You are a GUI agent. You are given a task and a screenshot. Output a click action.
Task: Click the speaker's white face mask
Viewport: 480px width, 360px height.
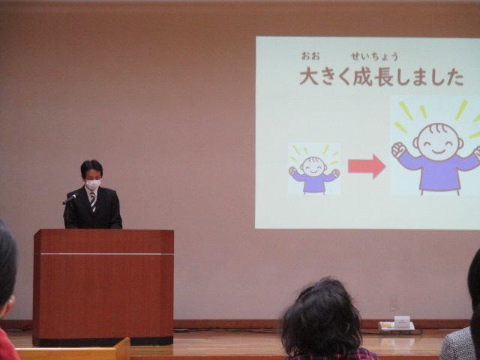tap(93, 184)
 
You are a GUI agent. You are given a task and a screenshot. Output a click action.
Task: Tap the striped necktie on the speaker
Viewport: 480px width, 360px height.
tap(93, 202)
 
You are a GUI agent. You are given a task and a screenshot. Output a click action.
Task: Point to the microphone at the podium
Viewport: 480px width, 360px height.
tap(70, 199)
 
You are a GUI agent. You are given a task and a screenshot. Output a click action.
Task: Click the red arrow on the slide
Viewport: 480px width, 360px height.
tap(367, 166)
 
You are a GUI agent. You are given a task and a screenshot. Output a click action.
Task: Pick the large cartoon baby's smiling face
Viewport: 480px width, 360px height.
tap(438, 142)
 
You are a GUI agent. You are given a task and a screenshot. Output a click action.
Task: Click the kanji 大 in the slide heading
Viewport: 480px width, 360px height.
tap(309, 76)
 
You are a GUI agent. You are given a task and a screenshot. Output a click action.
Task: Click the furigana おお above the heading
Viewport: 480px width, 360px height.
tap(310, 55)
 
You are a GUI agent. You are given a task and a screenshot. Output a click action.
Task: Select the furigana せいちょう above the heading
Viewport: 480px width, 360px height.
tap(374, 56)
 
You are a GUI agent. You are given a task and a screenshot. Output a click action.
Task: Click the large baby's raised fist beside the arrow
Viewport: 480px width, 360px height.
tap(398, 150)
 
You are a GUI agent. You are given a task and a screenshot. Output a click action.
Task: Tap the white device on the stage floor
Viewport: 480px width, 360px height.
tap(397, 325)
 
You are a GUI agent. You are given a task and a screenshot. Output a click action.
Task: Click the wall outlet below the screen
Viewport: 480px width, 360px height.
tap(394, 303)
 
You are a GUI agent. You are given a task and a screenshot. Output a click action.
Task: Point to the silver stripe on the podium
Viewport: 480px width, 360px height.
tap(103, 253)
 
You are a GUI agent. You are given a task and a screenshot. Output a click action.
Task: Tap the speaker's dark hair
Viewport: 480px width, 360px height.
tap(91, 167)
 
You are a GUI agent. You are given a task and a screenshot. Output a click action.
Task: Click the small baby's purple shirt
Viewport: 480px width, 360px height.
tap(314, 181)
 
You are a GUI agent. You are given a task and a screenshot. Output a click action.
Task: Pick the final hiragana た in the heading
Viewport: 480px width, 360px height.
tap(455, 76)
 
